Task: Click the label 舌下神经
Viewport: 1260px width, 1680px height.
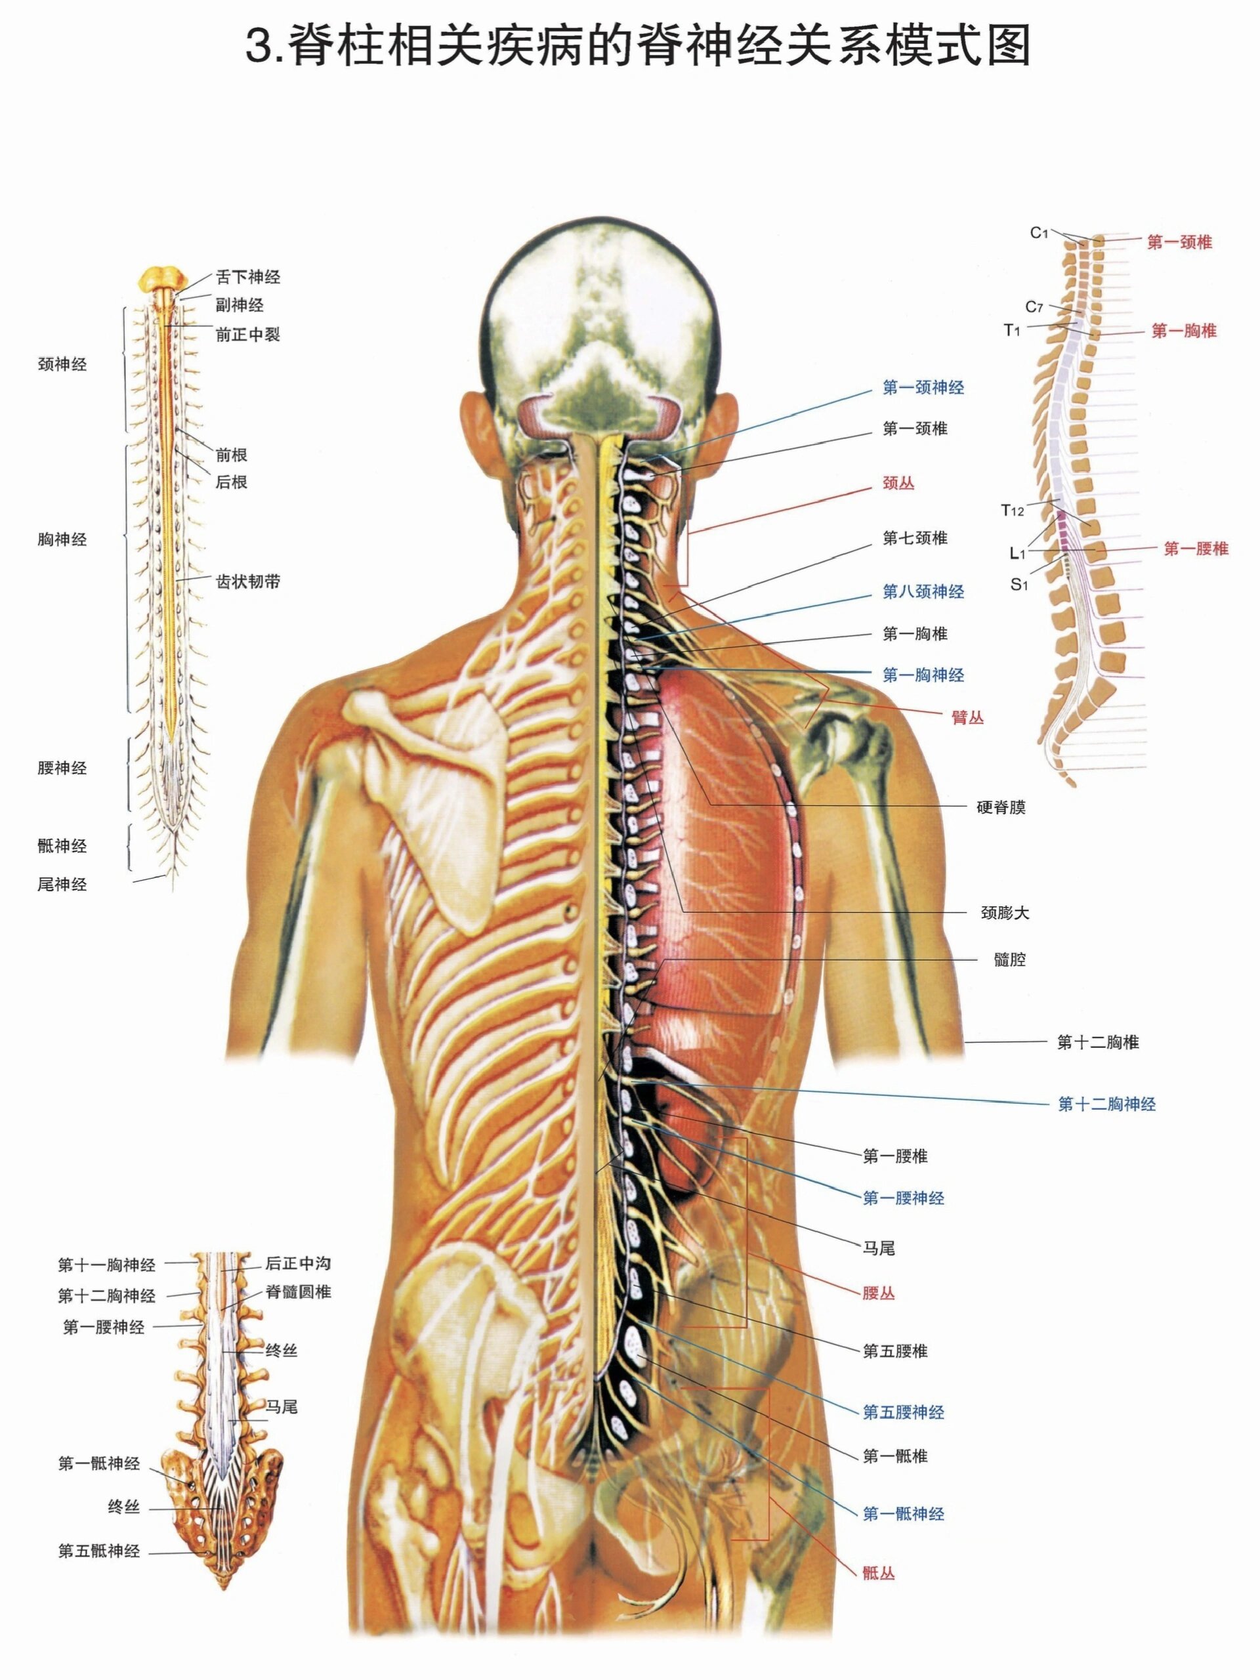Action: pyautogui.click(x=247, y=277)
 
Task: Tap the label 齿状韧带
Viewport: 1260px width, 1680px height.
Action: pyautogui.click(x=247, y=582)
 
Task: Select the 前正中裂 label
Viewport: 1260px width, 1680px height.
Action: pyautogui.click(x=247, y=335)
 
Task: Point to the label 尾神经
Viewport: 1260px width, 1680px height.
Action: pyautogui.click(x=62, y=884)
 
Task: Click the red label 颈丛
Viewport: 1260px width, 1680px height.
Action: pyautogui.click(x=898, y=483)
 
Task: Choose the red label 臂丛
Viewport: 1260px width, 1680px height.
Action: pyautogui.click(x=967, y=717)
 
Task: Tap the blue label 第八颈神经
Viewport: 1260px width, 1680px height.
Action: pyautogui.click(x=923, y=592)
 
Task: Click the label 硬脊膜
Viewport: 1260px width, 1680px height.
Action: pyautogui.click(x=1000, y=807)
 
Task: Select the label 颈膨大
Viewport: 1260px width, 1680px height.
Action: pyautogui.click(x=1005, y=913)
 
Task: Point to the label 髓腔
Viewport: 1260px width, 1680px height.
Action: pyautogui.click(x=1009, y=960)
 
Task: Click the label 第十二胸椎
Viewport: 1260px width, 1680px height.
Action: pyautogui.click(x=1097, y=1043)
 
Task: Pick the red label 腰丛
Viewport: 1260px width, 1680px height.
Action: pyautogui.click(x=878, y=1293)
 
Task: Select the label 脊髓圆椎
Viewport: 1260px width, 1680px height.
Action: pyautogui.click(x=298, y=1292)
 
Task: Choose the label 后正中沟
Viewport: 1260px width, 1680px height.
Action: pyautogui.click(x=298, y=1264)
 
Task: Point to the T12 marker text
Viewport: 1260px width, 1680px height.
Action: pyautogui.click(x=1013, y=511)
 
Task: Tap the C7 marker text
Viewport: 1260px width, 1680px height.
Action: pyautogui.click(x=1034, y=307)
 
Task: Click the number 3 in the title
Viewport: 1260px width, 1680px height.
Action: pyautogui.click(x=260, y=47)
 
